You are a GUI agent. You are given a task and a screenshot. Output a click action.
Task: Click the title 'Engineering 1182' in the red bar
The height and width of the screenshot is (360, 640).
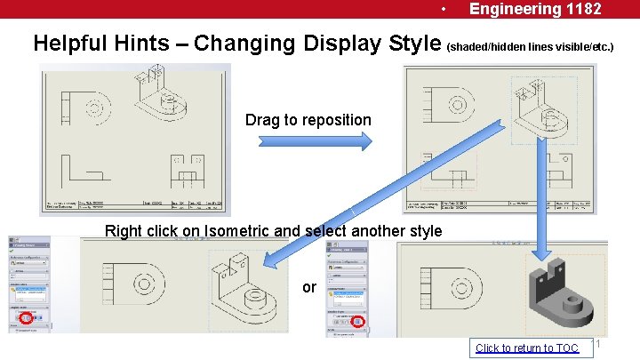pyautogui.click(x=535, y=9)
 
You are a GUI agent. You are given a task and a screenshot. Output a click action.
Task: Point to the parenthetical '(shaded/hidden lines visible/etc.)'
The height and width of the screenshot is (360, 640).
pyautogui.click(x=530, y=44)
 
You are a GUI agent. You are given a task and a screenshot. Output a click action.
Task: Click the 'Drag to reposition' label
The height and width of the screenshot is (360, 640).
pyautogui.click(x=308, y=120)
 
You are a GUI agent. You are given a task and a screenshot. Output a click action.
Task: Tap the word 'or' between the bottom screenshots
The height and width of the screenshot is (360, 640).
pyautogui.click(x=308, y=288)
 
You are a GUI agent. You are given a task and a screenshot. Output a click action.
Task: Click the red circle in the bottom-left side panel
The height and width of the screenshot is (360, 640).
pyautogui.click(x=26, y=317)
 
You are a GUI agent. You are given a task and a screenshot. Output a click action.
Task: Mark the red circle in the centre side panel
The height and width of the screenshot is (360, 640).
pyautogui.click(x=358, y=321)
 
